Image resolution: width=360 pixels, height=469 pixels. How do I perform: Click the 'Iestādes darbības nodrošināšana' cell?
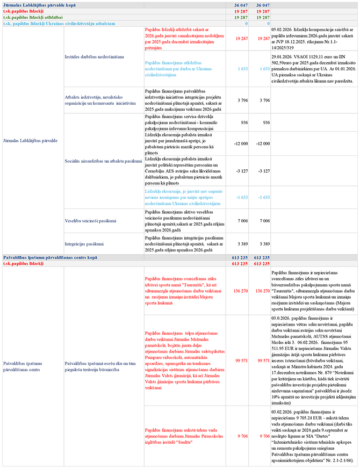(94, 56)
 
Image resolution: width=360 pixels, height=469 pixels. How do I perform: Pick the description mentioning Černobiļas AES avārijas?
(181, 171)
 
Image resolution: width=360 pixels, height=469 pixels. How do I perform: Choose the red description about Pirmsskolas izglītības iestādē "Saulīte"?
(181, 436)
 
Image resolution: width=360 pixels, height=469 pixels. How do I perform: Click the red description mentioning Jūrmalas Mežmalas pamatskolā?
(181, 360)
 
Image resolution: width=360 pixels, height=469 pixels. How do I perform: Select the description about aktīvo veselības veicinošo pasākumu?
(181, 220)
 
